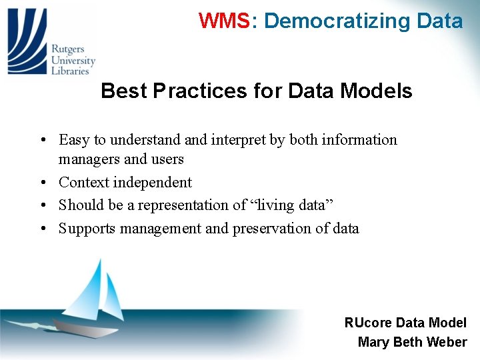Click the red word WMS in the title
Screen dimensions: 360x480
223,21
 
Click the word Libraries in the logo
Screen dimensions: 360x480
71,71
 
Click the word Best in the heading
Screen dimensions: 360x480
124,91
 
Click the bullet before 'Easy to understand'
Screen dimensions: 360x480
41,141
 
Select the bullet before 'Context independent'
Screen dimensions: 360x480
41,183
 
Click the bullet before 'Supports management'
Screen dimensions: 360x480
41,229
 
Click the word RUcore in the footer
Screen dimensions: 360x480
368,323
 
